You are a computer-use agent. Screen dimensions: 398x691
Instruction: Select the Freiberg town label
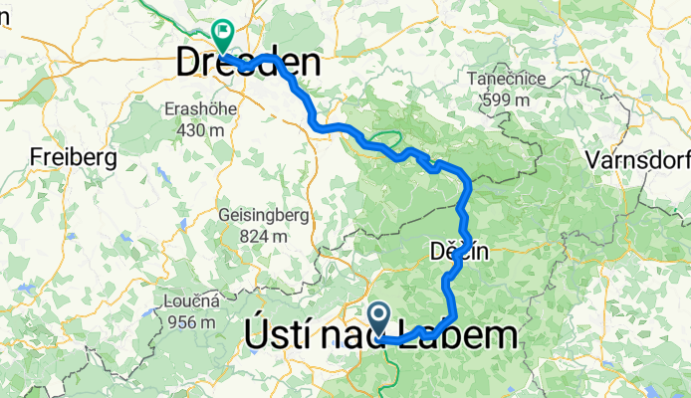pos(74,157)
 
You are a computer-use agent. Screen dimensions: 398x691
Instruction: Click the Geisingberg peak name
pos(264,215)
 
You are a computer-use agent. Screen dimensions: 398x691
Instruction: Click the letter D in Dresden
pos(189,64)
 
